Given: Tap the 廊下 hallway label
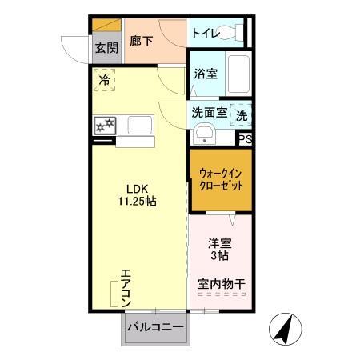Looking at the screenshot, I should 142,40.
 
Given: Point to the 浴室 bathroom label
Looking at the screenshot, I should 206,74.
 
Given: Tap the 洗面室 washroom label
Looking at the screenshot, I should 210,113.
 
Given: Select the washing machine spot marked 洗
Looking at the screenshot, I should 242,115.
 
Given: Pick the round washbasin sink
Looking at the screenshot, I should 205,134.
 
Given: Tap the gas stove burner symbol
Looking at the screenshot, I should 106,126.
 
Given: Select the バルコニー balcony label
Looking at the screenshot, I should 156,328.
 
